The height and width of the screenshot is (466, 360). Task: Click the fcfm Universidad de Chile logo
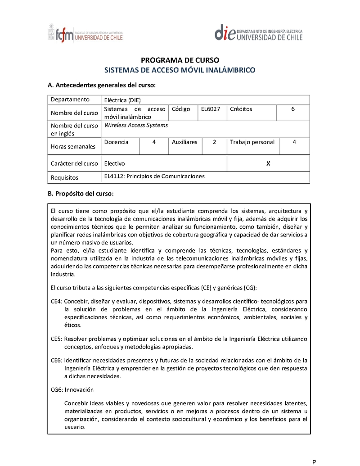click(85, 34)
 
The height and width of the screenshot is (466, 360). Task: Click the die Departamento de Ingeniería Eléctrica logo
click(258, 34)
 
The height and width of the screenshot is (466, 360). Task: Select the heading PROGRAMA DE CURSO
click(180, 60)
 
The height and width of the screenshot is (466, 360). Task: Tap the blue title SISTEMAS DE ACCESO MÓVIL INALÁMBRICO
click(180, 70)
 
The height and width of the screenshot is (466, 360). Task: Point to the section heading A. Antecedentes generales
click(102, 85)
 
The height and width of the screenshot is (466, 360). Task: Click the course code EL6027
click(211, 109)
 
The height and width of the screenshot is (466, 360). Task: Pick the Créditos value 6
click(293, 109)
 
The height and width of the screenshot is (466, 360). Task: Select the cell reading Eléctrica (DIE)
click(122, 100)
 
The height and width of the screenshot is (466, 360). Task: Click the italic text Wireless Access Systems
click(136, 125)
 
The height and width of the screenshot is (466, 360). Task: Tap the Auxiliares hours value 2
click(215, 142)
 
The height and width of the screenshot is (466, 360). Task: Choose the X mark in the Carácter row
click(268, 163)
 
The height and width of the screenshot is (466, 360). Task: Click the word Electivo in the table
click(114, 163)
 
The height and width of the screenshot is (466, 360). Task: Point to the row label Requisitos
click(64, 177)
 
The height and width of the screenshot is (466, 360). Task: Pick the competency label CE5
click(55, 339)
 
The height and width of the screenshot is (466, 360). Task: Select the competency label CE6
click(55, 360)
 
